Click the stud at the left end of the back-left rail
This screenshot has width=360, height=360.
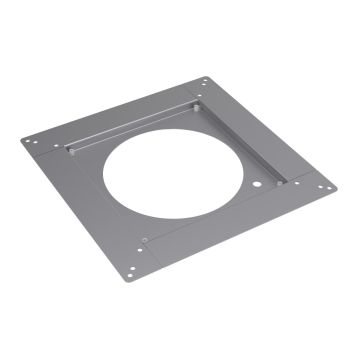pos(72,152)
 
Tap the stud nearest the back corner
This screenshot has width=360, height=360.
pos(199,102)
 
